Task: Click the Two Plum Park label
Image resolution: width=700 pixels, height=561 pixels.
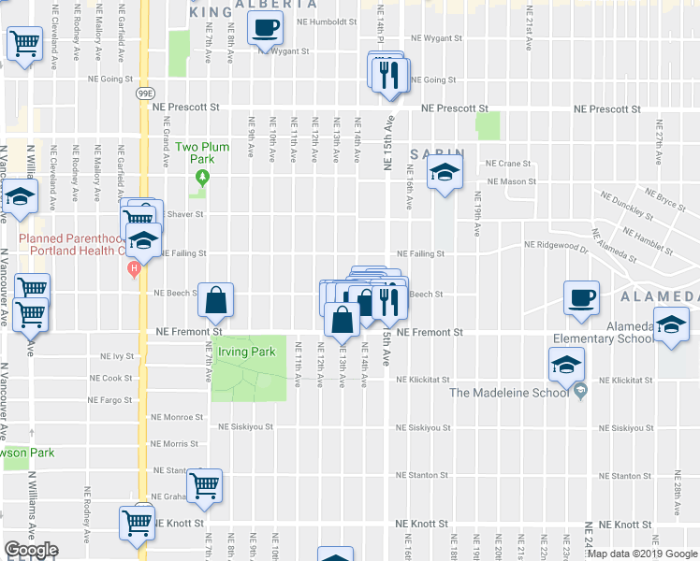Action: click(x=202, y=153)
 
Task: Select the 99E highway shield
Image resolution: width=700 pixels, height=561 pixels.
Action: click(x=144, y=93)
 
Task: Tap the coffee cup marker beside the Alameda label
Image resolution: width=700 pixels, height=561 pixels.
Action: click(x=581, y=298)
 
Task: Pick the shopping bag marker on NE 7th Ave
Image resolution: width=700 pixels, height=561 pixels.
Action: click(x=215, y=301)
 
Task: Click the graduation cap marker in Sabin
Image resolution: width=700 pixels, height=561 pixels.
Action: click(x=445, y=172)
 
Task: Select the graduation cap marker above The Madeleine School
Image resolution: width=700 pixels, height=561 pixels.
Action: click(x=566, y=366)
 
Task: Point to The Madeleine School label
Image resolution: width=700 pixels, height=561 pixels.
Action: click(x=509, y=393)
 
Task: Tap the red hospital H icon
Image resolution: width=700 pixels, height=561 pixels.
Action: click(x=134, y=270)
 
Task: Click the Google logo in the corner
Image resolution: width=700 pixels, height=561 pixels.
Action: click(x=31, y=550)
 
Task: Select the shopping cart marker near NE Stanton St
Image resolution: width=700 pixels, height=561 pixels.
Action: click(x=204, y=484)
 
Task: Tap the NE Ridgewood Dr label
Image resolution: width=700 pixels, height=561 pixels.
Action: click(x=556, y=246)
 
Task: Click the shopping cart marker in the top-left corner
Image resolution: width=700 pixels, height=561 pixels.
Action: click(x=24, y=43)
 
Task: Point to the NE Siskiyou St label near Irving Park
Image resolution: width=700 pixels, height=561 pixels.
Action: click(x=245, y=427)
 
